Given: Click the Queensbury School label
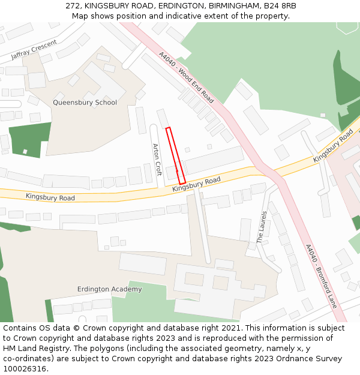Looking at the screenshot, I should tap(85, 103).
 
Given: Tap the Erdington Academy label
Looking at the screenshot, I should tap(110, 289).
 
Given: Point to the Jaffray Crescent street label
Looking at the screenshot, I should tap(34, 50).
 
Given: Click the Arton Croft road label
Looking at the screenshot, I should tap(158, 159).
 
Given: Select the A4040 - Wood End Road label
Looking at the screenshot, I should tap(186, 77).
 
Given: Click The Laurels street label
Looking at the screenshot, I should tap(262, 227).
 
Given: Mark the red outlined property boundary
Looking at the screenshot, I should tap(176, 155).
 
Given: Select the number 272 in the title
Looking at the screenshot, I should tap(73, 6).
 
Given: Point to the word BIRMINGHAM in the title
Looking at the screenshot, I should tap(233, 6).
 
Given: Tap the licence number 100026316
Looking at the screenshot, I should tap(25, 368).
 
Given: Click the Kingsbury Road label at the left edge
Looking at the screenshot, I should tap(50, 197).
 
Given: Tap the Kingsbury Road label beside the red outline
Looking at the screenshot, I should tap(196, 184).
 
